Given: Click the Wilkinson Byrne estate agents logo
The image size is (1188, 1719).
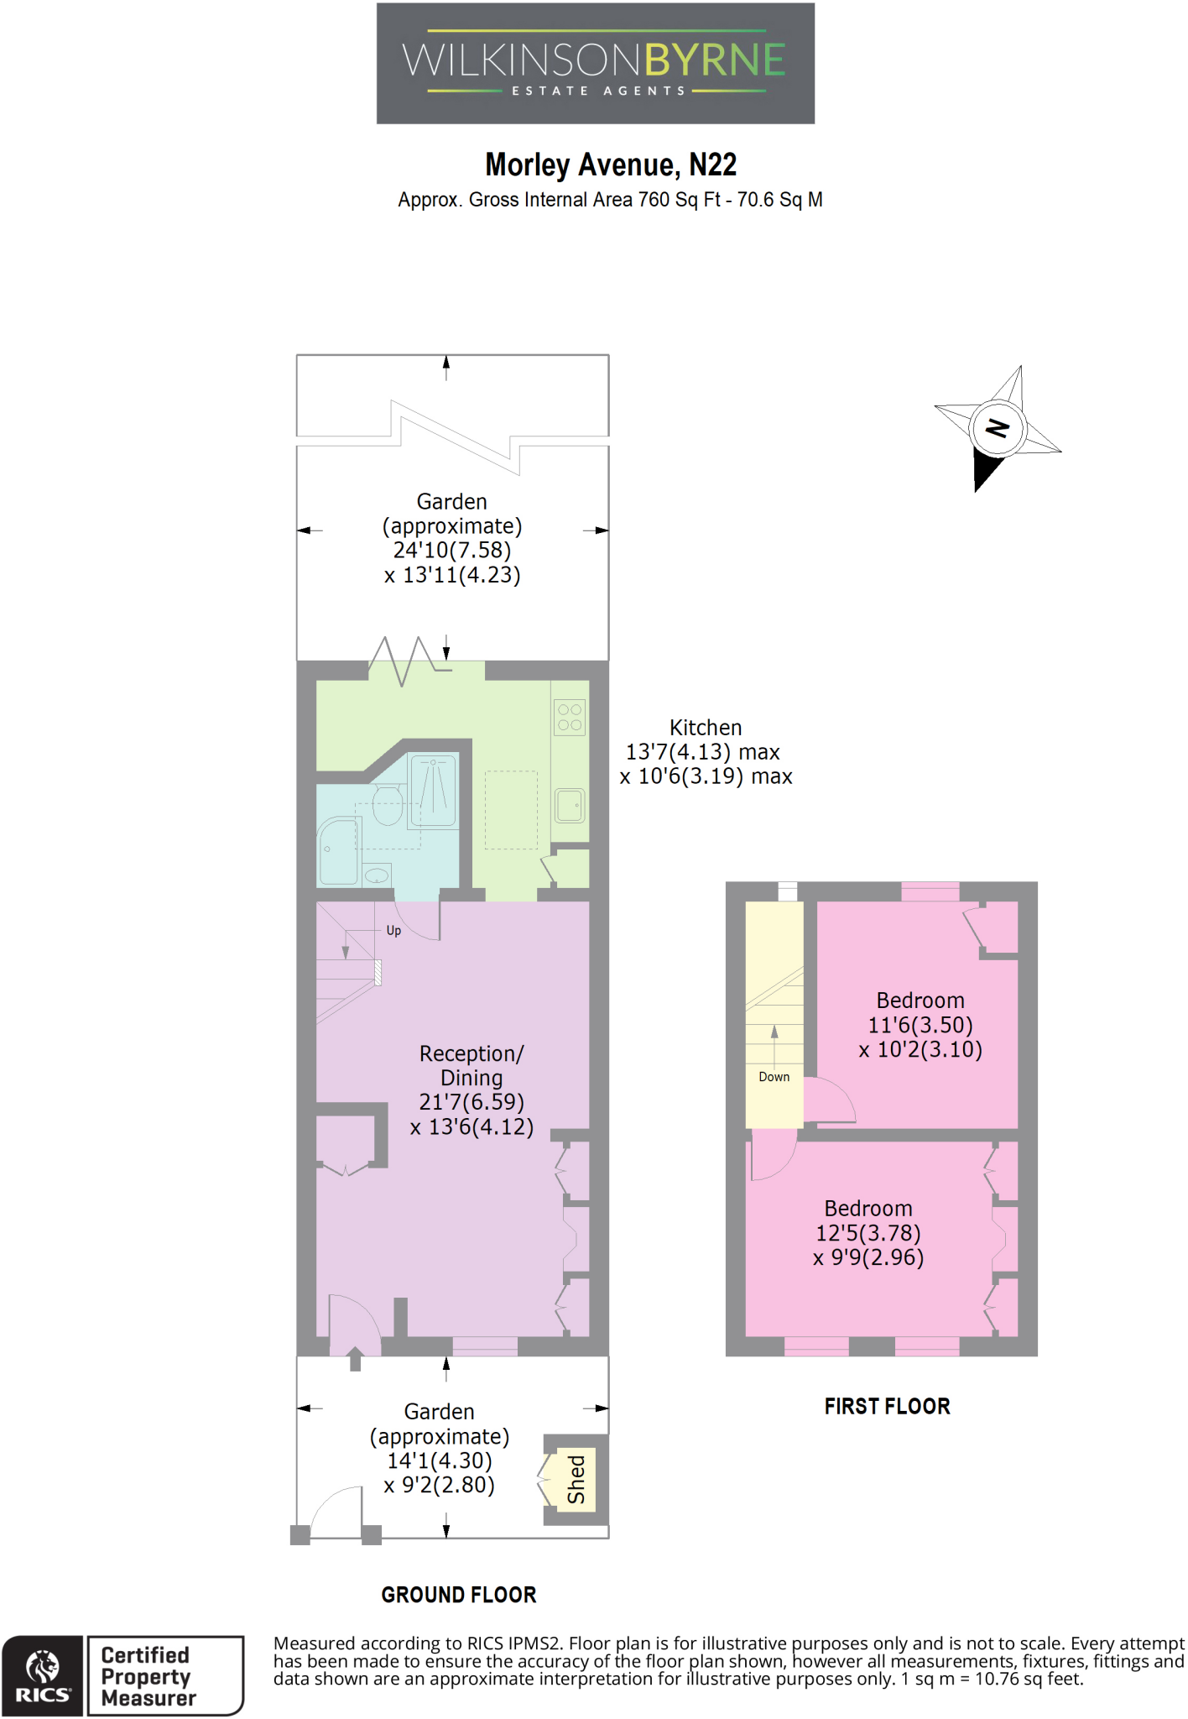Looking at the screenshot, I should [595, 64].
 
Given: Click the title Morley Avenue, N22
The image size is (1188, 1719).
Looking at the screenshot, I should [611, 165].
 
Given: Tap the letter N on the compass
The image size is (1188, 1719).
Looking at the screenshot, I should [997, 428].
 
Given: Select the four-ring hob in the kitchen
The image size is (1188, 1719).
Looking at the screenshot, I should [570, 717].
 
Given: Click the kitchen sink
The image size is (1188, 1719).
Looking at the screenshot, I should [570, 806].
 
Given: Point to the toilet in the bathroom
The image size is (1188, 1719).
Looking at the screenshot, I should [387, 806].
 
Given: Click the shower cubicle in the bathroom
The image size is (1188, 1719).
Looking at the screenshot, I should [433, 791].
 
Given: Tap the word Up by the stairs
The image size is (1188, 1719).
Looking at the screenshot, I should [393, 931].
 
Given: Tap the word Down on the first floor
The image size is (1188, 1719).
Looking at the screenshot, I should [774, 1077].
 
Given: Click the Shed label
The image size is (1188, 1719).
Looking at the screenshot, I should [576, 1479].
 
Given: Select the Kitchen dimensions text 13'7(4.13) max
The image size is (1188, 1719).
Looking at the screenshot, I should [703, 752].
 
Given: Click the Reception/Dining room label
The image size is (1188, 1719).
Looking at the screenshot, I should [472, 1065].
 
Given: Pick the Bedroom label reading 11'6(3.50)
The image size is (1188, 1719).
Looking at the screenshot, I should [920, 1025].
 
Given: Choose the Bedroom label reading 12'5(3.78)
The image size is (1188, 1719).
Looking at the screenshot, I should [868, 1233].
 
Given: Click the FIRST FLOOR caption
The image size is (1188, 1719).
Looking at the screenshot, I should [887, 1407].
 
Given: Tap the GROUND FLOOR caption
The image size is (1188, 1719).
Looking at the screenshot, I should [458, 1595].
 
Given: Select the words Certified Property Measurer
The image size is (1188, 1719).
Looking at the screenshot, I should [148, 1676].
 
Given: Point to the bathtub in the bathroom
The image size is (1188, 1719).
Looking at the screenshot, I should [339, 852].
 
